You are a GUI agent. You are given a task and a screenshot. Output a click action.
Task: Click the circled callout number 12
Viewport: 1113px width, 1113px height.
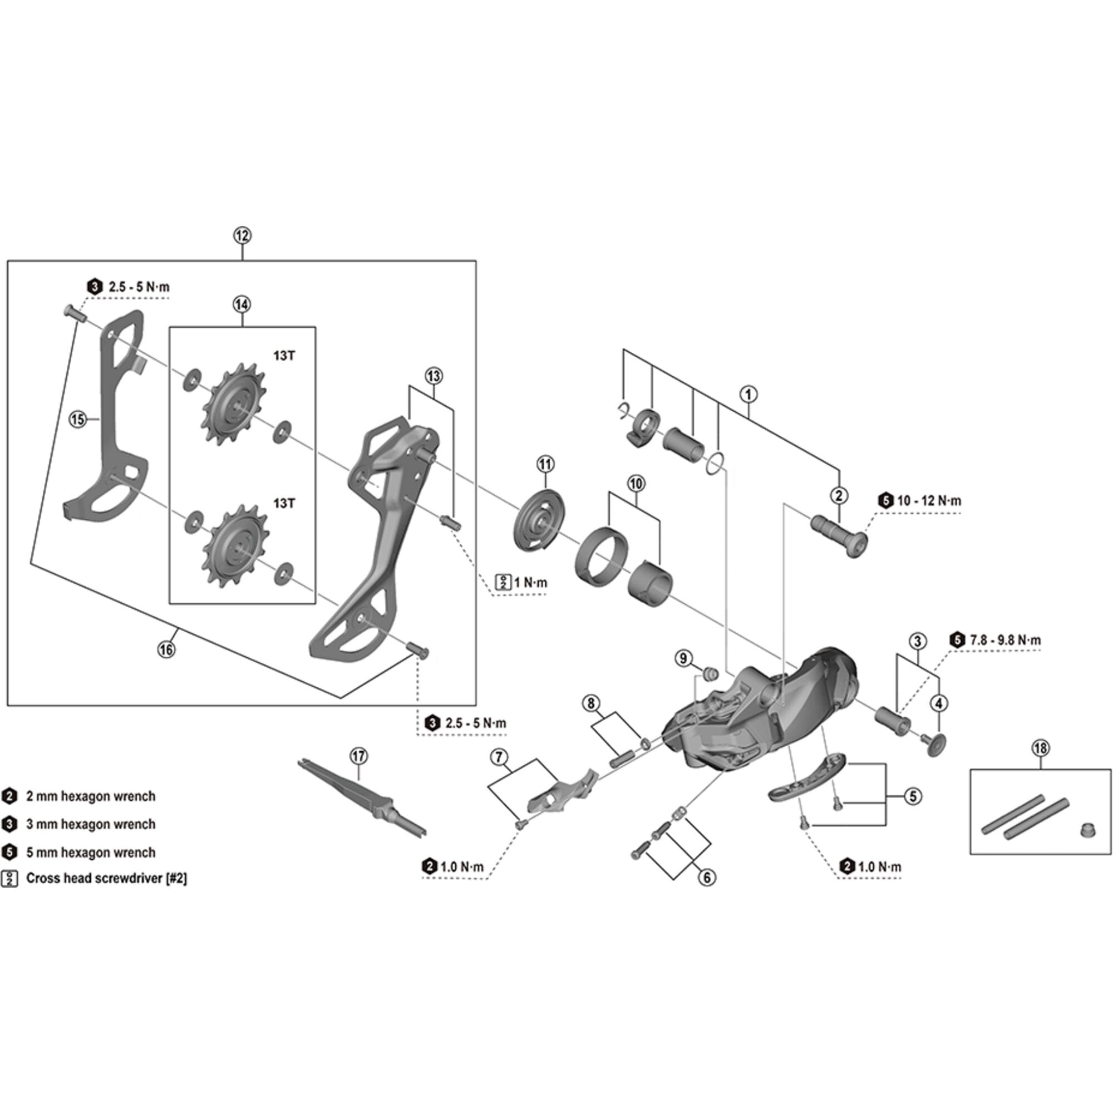pyautogui.click(x=243, y=235)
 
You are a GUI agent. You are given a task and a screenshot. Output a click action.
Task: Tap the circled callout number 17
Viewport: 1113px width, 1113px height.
pyautogui.click(x=358, y=756)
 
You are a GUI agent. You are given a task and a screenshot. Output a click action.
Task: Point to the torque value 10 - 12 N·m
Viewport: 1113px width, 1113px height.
pyautogui.click(x=929, y=501)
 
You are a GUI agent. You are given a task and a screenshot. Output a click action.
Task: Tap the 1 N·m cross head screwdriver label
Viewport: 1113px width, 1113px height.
pyautogui.click(x=530, y=583)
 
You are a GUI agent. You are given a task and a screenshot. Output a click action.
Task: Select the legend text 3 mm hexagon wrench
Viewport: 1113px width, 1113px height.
pyautogui.click(x=91, y=824)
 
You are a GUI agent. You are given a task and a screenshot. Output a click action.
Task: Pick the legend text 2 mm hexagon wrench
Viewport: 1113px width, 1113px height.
pyautogui.click(x=91, y=796)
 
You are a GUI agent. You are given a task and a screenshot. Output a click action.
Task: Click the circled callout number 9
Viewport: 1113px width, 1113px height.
pyautogui.click(x=683, y=658)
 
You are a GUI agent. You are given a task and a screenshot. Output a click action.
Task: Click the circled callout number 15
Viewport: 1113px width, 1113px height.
pyautogui.click(x=78, y=420)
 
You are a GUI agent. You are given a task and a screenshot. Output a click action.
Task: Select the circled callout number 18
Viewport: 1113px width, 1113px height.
pyautogui.click(x=1041, y=748)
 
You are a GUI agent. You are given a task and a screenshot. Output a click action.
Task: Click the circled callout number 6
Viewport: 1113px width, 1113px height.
pyautogui.click(x=707, y=878)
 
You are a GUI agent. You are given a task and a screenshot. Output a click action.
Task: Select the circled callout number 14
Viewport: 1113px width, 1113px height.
pyautogui.click(x=242, y=304)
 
